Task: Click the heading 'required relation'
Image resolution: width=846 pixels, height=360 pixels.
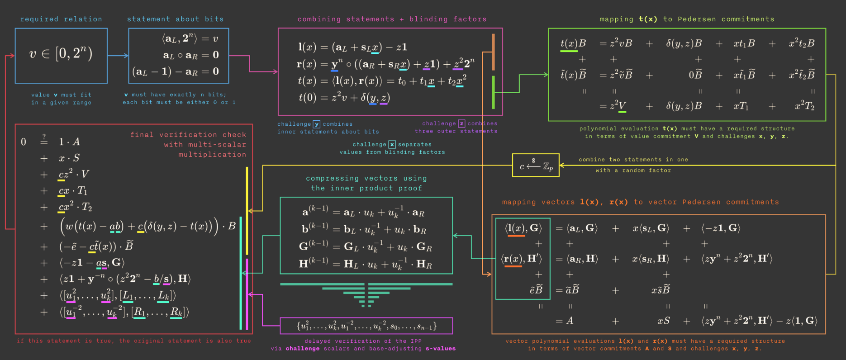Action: [x=61, y=19]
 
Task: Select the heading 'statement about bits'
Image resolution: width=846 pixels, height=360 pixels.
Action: [x=175, y=19]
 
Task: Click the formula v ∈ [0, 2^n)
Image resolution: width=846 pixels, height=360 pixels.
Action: [x=61, y=54]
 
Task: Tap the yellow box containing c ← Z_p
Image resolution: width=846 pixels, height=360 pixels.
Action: [x=536, y=166]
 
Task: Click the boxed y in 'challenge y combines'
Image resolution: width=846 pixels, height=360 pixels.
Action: [x=317, y=124]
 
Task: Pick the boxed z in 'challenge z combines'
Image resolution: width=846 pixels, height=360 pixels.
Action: [x=461, y=123]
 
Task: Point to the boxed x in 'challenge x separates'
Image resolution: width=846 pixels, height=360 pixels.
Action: [x=392, y=144]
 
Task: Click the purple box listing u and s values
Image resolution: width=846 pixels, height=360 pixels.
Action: [x=366, y=326]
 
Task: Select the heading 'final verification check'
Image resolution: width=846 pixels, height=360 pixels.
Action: [x=188, y=135]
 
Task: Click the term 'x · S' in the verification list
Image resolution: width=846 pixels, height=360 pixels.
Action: [x=69, y=158]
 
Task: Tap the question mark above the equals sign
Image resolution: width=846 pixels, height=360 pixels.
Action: [x=44, y=136]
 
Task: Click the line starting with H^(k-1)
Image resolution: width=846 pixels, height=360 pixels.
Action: [x=366, y=264]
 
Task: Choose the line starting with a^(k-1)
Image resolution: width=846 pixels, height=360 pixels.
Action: [x=364, y=212]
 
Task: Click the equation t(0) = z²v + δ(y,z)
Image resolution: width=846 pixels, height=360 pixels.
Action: [x=344, y=98]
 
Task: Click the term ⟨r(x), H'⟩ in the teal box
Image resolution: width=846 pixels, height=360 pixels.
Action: [x=521, y=259]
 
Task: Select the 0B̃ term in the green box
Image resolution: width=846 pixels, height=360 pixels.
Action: [x=695, y=75]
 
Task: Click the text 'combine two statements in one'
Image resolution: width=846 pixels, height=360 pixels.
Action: [x=633, y=160]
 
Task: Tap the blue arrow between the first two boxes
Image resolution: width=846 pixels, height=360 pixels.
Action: [x=118, y=56]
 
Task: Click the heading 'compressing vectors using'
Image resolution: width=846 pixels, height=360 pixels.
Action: [x=366, y=178]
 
